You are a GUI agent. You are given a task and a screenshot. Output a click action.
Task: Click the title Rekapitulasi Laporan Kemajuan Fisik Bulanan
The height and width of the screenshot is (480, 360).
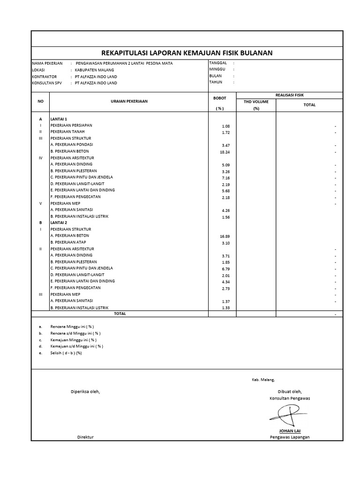pyautogui.click(x=187, y=53)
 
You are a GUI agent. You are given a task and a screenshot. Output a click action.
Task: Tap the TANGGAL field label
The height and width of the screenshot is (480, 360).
pyautogui.click(x=218, y=63)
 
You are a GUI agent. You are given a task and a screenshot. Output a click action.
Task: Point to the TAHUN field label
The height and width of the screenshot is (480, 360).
pyautogui.click(x=216, y=82)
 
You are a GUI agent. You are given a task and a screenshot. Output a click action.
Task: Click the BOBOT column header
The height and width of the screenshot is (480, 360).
pyautogui.click(x=219, y=98)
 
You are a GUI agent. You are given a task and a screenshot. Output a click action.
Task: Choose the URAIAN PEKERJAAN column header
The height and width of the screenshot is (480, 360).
pyautogui.click(x=129, y=101)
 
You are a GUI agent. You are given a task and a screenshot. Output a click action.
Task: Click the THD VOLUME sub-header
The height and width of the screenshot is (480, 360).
pyautogui.click(x=256, y=101)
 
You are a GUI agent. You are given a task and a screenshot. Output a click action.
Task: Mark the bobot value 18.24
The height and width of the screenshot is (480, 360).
pyautogui.click(x=225, y=152)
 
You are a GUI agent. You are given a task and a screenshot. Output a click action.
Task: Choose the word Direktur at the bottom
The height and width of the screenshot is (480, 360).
pyautogui.click(x=85, y=437)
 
